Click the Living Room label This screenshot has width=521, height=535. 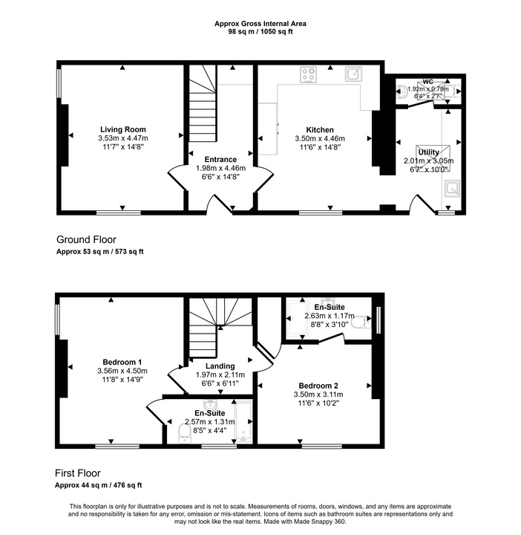click(x=122, y=129)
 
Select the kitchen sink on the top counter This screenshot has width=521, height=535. click(x=352, y=74)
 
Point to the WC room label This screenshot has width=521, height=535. click(x=427, y=82)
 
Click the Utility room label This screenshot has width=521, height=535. click(x=428, y=152)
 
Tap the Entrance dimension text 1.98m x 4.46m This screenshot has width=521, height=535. click(x=220, y=168)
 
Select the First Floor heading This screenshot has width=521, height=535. click(x=77, y=473)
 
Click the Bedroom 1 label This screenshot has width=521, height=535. click(x=122, y=362)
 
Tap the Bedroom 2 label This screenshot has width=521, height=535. click(x=318, y=386)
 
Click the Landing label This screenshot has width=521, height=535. click(x=220, y=366)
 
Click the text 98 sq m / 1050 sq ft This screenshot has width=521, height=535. click(x=260, y=31)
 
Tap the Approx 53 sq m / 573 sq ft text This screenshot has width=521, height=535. click(x=100, y=252)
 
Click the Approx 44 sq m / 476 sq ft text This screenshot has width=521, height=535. click(x=99, y=485)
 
